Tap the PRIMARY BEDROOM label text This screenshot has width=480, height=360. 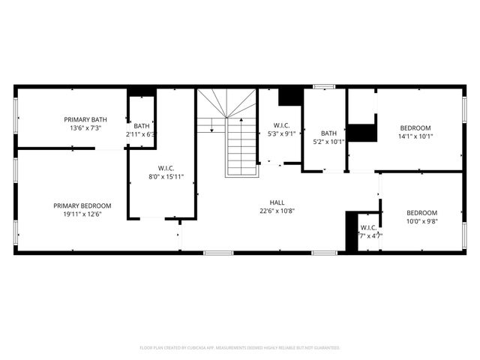click(82, 205)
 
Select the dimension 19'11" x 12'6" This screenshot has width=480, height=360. click(82, 214)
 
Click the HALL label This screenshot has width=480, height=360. click(277, 202)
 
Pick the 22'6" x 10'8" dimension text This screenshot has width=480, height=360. click(277, 211)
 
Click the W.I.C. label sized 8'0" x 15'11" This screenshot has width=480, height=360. click(166, 167)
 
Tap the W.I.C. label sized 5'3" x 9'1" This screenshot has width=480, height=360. click(282, 126)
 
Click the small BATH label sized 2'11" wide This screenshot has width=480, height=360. click(142, 126)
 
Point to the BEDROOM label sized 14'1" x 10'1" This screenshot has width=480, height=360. click(415, 127)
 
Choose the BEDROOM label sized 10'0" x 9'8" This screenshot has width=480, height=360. click(421, 212)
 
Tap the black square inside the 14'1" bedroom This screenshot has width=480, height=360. click(363, 132)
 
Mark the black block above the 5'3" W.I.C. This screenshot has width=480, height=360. click(289, 97)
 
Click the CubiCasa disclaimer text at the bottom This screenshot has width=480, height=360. click(240, 348)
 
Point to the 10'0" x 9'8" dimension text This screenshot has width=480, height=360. click(421, 221)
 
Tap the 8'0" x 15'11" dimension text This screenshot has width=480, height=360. click(166, 176)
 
